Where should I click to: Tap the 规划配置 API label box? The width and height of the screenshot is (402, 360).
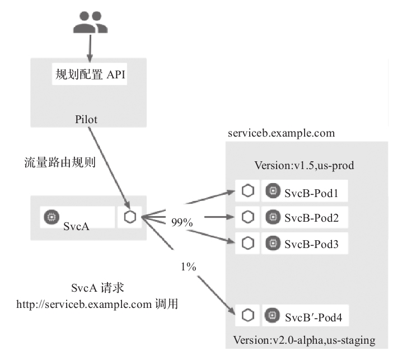pyautogui.click(x=90, y=74)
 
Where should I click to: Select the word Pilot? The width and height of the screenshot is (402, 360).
pyautogui.click(x=87, y=119)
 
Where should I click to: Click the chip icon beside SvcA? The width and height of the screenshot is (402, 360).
pyautogui.click(x=52, y=217)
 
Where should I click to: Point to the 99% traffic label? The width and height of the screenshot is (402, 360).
pyautogui.click(x=182, y=223)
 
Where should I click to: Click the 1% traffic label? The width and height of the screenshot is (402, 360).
pyautogui.click(x=188, y=267)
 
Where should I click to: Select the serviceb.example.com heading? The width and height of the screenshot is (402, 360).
pyautogui.click(x=281, y=133)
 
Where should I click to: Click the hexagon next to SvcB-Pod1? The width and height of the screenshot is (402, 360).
pyautogui.click(x=247, y=191)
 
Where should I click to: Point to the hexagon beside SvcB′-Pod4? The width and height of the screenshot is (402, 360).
pyautogui.click(x=247, y=316)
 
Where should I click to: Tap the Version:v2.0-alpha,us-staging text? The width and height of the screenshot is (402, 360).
pyautogui.click(x=304, y=340)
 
